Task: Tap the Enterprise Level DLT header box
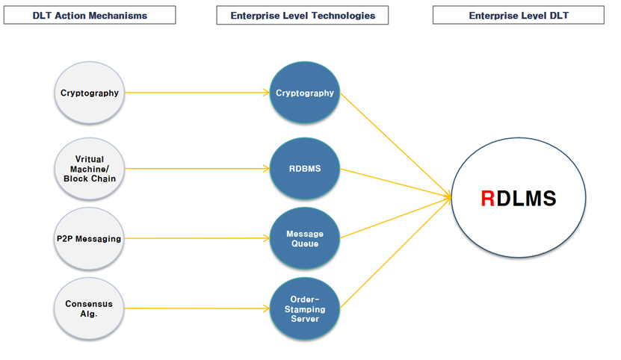click(519, 15)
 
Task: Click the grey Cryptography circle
click(90, 93)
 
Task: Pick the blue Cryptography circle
click(304, 93)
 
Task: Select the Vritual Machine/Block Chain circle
click(90, 169)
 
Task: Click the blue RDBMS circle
click(304, 169)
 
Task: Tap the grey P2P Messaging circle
click(90, 239)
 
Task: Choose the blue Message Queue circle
click(304, 239)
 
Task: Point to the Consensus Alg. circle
click(90, 308)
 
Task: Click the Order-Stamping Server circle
click(304, 308)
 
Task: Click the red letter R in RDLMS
click(487, 199)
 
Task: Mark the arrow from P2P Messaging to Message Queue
click(194, 239)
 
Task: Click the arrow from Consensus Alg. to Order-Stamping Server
click(194, 308)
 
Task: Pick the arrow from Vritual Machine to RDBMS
click(194, 169)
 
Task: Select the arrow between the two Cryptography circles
click(194, 93)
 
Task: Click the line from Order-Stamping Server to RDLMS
click(396, 252)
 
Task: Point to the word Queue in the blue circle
click(304, 244)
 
